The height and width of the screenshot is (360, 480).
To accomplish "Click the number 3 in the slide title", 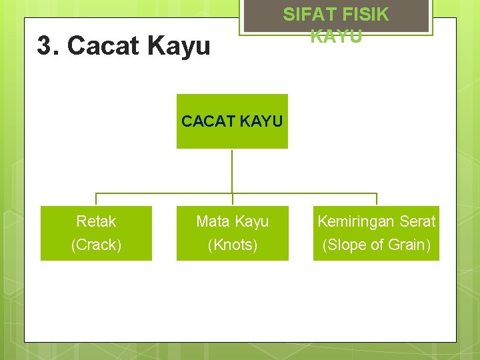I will [x=45, y=46].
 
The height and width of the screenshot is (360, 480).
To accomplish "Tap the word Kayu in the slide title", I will [x=179, y=46].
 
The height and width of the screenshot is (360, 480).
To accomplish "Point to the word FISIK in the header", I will [x=365, y=14].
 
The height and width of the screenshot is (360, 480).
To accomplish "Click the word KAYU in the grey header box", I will [x=336, y=36].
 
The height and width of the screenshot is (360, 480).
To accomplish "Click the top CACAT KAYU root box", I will [x=232, y=121].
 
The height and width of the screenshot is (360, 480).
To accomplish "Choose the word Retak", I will [x=96, y=221].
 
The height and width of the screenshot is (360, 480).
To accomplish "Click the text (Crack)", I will [x=96, y=245].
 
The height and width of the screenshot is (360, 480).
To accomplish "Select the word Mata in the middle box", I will [x=212, y=221].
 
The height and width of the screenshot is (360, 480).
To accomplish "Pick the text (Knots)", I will [x=232, y=245].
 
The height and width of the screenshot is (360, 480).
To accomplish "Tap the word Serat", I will [x=415, y=221].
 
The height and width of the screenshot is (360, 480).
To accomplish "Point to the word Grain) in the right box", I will [x=409, y=245].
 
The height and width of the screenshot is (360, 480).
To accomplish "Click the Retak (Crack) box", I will [x=96, y=233].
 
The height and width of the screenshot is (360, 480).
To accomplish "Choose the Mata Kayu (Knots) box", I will [x=232, y=233].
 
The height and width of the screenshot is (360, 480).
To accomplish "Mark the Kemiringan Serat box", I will [x=376, y=233].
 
